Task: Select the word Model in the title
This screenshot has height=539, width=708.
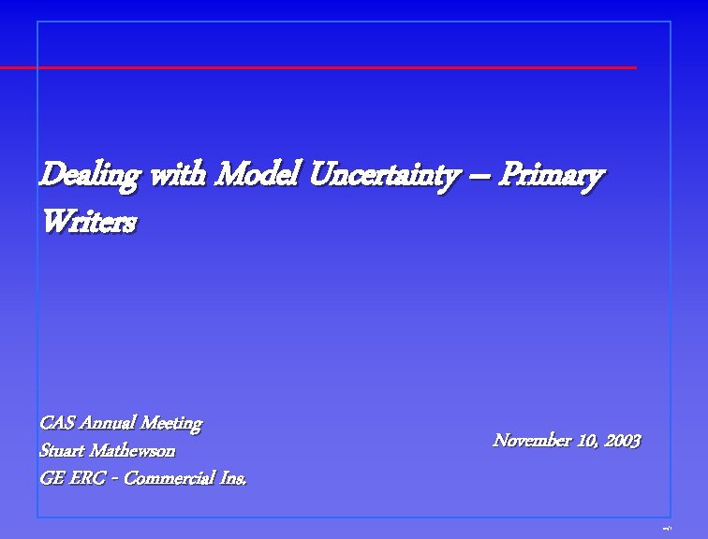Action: point(257,174)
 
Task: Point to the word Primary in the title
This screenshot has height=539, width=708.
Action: point(550,175)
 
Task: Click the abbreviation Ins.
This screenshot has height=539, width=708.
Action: point(233,478)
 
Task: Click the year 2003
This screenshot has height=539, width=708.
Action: point(623,440)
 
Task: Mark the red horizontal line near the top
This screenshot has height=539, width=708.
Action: point(318,67)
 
